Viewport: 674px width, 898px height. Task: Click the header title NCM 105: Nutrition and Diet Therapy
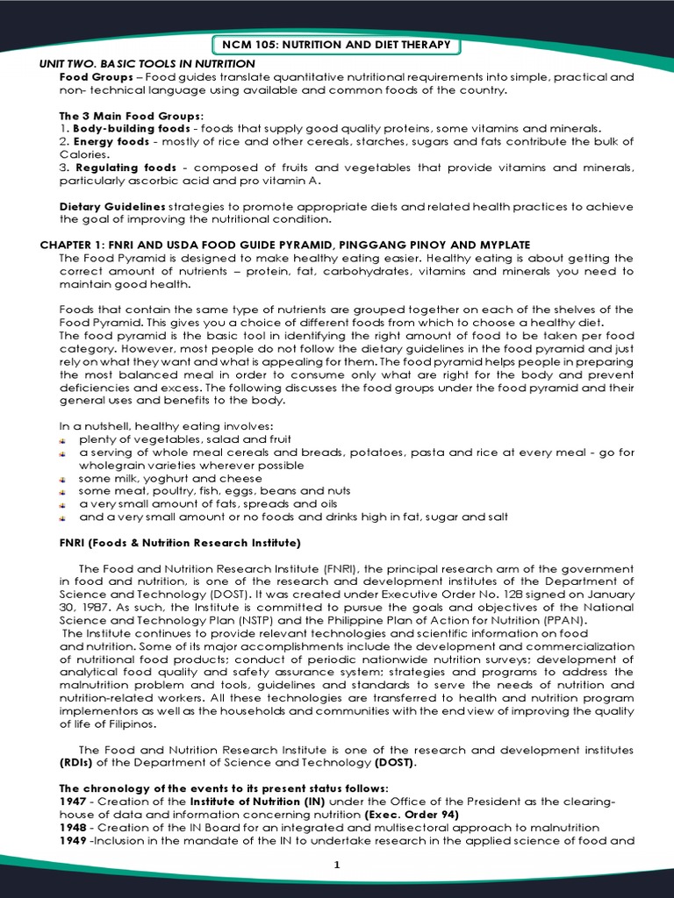point(337,45)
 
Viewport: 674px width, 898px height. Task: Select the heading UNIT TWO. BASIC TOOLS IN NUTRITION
point(147,64)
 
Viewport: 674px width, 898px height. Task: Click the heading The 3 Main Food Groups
point(131,116)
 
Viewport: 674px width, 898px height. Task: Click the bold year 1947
point(74,802)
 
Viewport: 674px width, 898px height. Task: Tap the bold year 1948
point(74,828)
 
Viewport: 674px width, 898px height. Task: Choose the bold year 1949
point(74,840)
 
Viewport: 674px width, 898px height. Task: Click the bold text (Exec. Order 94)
point(412,815)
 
